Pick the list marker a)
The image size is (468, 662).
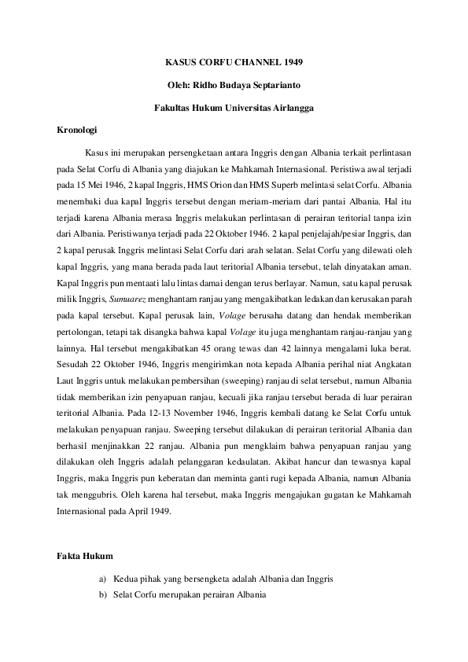click(x=103, y=579)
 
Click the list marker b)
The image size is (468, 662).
click(x=103, y=597)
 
